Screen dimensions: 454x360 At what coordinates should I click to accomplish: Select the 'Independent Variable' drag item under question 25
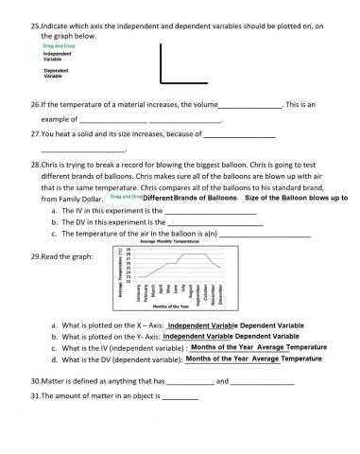point(59,57)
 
